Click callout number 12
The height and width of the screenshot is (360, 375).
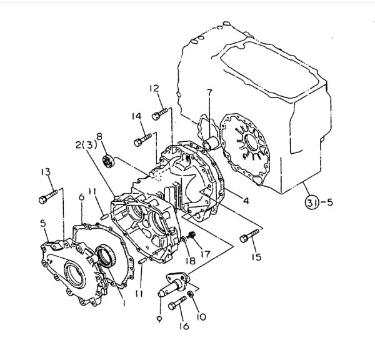(154, 89)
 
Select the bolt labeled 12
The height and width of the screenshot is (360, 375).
(159, 114)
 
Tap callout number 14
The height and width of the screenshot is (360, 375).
(136, 116)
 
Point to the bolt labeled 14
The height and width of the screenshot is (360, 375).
(142, 140)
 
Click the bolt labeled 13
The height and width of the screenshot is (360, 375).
(48, 197)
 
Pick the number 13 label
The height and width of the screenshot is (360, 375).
(46, 172)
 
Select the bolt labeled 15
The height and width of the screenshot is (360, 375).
(249, 236)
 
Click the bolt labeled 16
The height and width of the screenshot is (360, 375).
(177, 303)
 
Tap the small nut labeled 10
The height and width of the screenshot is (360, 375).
(191, 294)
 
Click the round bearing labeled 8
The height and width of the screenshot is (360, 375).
(109, 161)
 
